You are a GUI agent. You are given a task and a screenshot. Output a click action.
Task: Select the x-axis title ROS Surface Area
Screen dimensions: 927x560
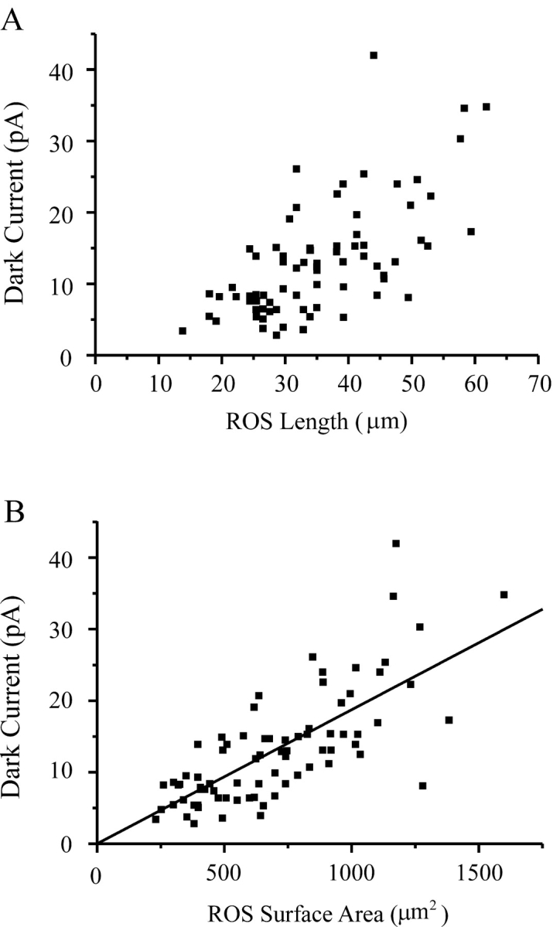pyautogui.click(x=317, y=910)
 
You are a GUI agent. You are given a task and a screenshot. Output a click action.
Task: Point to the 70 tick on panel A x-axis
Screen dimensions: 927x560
pyautogui.click(x=538, y=384)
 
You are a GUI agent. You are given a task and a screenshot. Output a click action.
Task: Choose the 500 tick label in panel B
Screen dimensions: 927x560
pyautogui.click(x=224, y=871)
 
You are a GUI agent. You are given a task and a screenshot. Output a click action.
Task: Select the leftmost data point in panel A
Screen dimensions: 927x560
pyautogui.click(x=183, y=331)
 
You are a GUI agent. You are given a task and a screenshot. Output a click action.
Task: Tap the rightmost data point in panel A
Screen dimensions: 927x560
pyautogui.click(x=487, y=107)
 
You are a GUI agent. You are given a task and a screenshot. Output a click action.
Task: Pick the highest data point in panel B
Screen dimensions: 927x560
pyautogui.click(x=396, y=544)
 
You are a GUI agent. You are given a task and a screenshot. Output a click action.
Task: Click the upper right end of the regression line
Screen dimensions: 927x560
pyautogui.click(x=542, y=608)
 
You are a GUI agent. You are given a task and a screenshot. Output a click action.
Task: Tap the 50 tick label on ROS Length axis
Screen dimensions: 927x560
pyautogui.click(x=411, y=384)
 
